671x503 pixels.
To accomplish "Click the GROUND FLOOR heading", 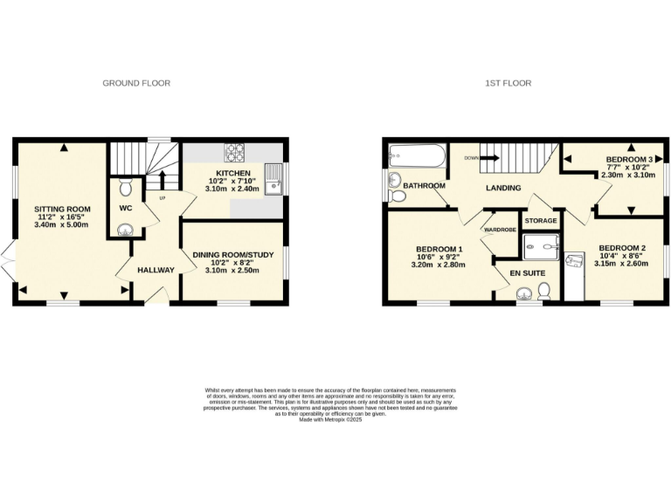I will (x=136, y=83).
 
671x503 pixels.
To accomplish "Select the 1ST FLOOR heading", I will (x=508, y=83).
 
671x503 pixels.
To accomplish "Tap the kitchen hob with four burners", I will (x=236, y=153).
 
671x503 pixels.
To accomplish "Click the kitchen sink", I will (x=274, y=178).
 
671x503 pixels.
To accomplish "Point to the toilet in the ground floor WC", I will (x=125, y=187).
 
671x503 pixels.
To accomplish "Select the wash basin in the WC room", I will (x=125, y=231).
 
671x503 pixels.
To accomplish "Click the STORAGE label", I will (x=540, y=221).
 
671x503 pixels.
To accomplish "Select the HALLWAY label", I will (x=156, y=270).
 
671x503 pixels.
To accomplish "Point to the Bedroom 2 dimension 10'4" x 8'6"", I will (x=622, y=254).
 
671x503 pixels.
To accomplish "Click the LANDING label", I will (x=503, y=188).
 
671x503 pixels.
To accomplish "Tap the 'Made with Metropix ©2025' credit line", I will (x=335, y=420).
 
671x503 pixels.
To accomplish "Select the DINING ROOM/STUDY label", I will (x=232, y=255).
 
